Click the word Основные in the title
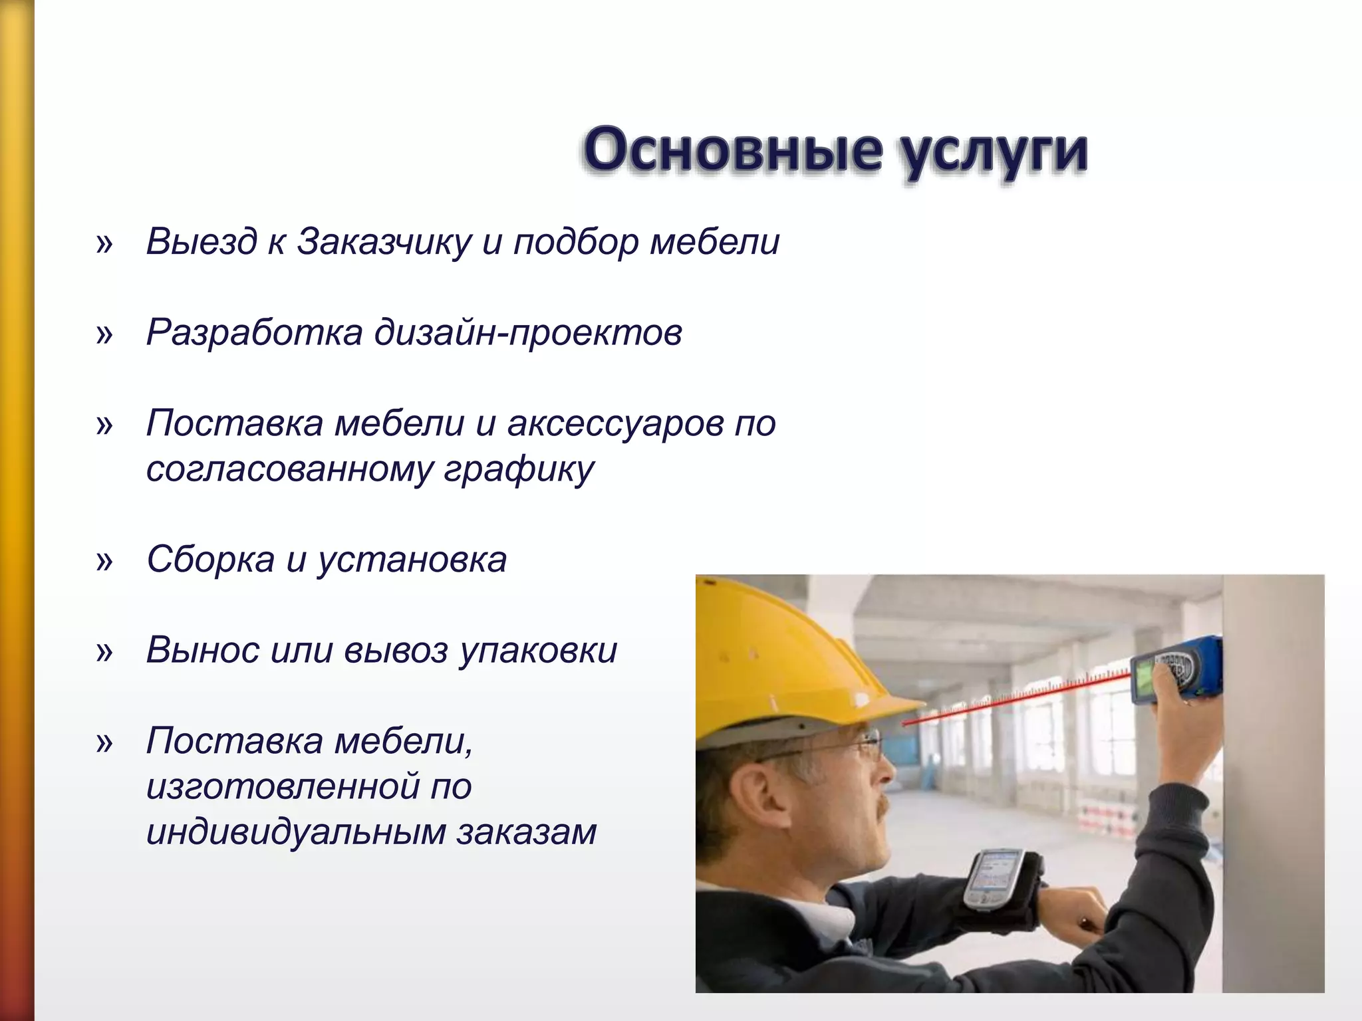[x=732, y=150]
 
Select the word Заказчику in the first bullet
[x=384, y=242]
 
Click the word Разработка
[x=254, y=332]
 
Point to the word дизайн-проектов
[x=528, y=333]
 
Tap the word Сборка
[x=210, y=560]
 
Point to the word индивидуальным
[x=295, y=832]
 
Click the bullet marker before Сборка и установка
[x=104, y=562]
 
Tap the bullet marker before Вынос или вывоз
[x=104, y=652]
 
